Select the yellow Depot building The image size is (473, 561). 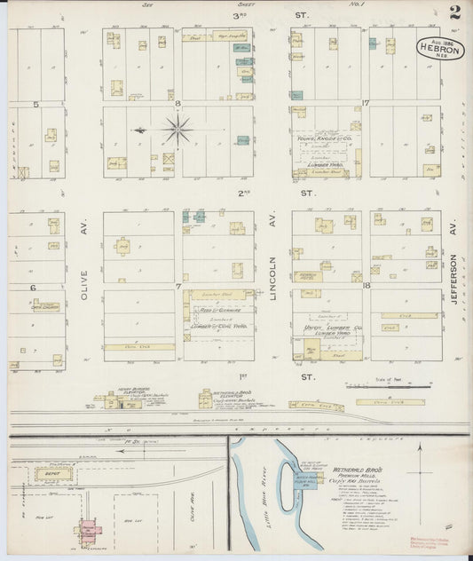tap(46, 475)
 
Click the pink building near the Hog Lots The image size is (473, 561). tap(89, 530)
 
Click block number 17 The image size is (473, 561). tap(366, 105)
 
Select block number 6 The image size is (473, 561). tap(33, 288)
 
